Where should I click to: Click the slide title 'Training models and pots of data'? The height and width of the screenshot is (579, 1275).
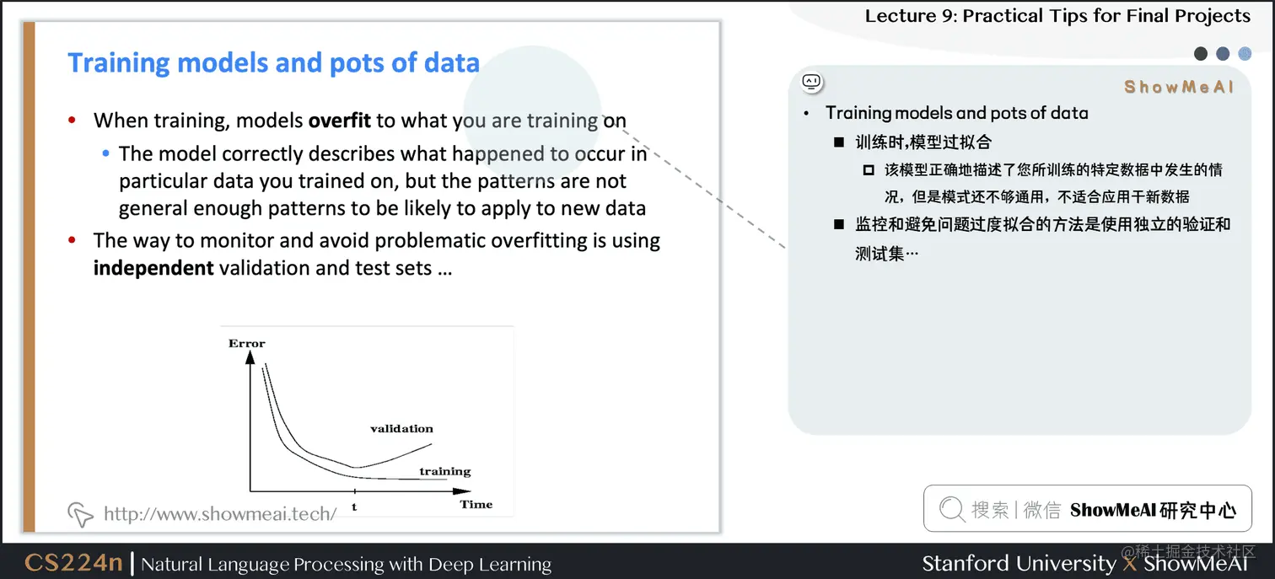click(x=273, y=63)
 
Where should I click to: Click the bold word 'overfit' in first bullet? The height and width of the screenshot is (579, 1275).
click(x=339, y=121)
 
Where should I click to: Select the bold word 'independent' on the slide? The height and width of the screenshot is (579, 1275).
click(x=153, y=269)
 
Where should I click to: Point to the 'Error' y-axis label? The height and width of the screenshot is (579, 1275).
click(x=246, y=343)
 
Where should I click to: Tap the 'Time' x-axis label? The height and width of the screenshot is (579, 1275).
click(x=476, y=504)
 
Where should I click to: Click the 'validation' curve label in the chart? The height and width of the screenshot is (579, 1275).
click(x=401, y=428)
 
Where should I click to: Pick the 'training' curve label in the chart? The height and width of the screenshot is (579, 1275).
click(x=444, y=471)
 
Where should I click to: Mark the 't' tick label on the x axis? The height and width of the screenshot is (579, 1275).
click(x=354, y=507)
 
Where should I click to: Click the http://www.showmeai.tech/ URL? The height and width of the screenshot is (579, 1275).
click(x=220, y=513)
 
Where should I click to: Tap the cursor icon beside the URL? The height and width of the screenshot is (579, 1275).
click(x=79, y=513)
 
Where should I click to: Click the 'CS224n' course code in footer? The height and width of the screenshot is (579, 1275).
click(x=73, y=563)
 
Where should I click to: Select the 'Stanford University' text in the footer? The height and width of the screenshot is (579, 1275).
click(x=1018, y=563)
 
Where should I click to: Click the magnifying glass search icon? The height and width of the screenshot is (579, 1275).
click(x=950, y=509)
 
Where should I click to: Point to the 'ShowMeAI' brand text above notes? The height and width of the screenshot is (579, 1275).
click(x=1178, y=87)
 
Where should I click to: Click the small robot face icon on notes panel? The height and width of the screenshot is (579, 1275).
click(x=811, y=82)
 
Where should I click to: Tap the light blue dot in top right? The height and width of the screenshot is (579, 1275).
click(x=1245, y=54)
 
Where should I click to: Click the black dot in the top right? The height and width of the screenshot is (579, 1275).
click(x=1201, y=54)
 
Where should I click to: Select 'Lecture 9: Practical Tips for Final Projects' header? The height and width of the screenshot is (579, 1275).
click(x=1057, y=16)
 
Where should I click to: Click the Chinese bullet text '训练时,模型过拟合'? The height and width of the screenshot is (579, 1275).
click(x=923, y=142)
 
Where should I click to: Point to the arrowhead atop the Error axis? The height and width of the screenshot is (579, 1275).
click(x=250, y=357)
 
